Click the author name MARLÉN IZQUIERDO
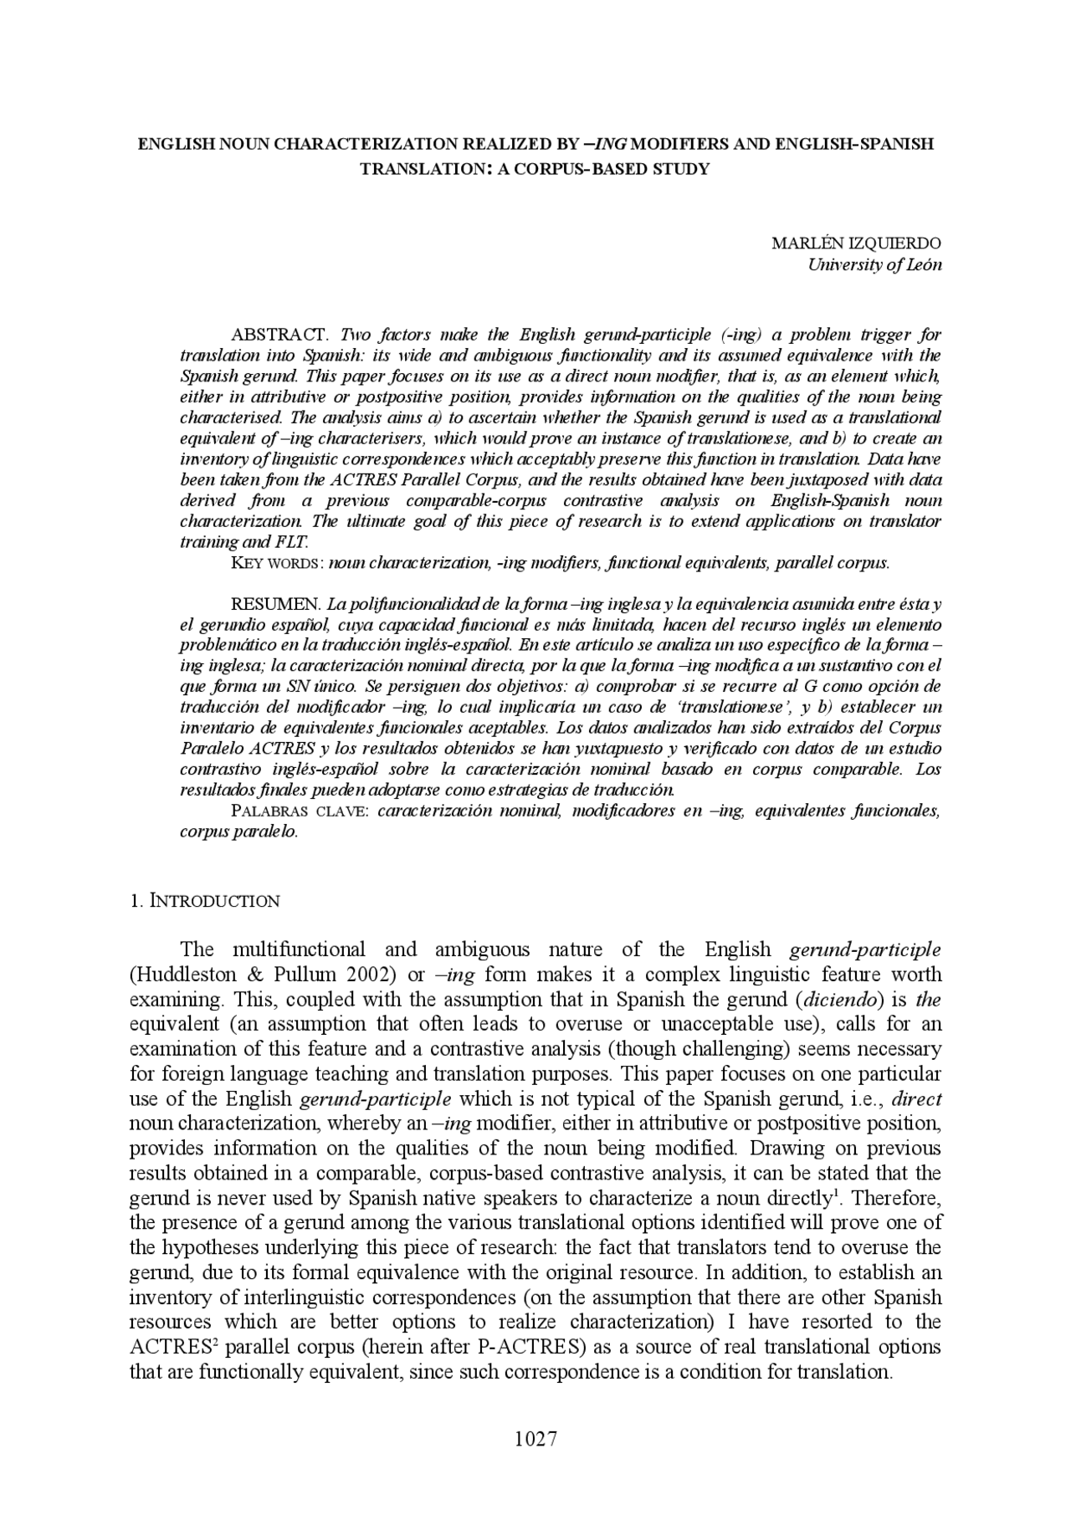pos(856,243)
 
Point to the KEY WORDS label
pos(276,563)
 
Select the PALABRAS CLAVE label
pos(300,811)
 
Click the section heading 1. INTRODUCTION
pos(205,901)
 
